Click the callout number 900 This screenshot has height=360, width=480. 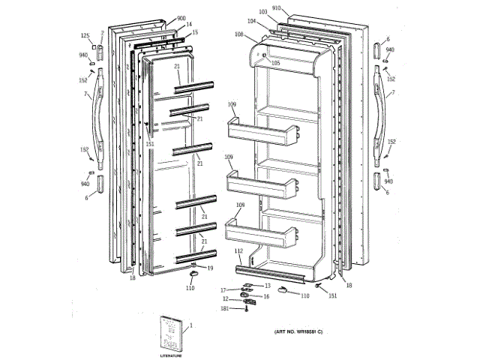(181, 18)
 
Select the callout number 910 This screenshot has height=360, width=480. (277, 7)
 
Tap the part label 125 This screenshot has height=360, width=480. (85, 36)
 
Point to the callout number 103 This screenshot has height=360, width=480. (262, 13)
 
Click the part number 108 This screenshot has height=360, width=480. (238, 34)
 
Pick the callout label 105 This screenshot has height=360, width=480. (275, 64)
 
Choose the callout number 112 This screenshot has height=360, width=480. (238, 250)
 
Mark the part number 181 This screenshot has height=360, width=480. (224, 308)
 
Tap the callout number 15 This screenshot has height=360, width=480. (195, 33)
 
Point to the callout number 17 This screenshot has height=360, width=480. (223, 289)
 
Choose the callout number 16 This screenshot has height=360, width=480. (264, 296)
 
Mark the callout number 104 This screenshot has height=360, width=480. (253, 22)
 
